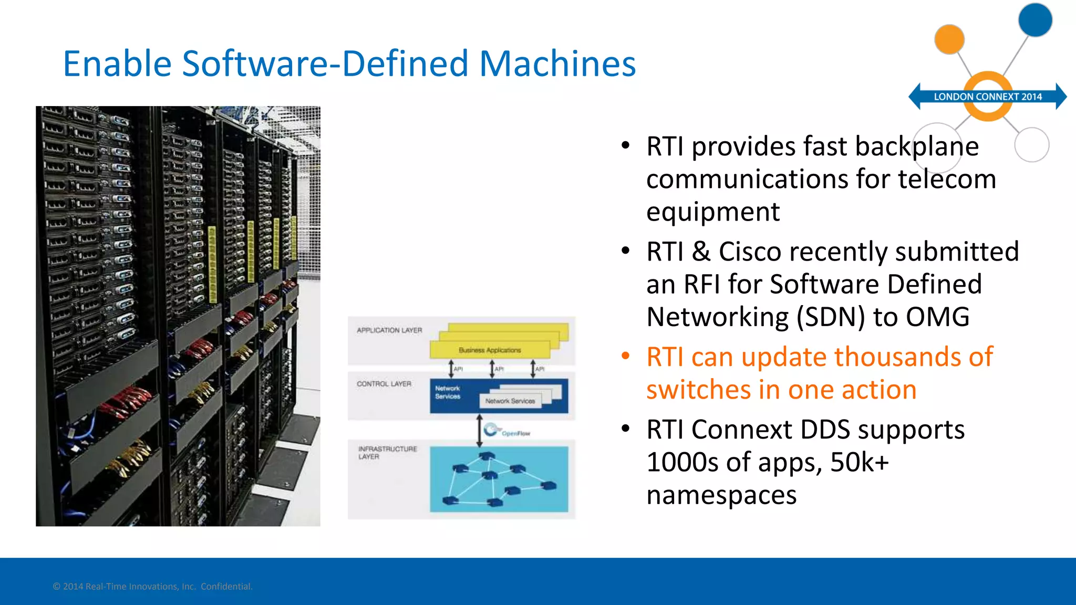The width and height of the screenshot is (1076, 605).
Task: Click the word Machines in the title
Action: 557,64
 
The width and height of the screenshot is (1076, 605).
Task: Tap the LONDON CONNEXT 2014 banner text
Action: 987,97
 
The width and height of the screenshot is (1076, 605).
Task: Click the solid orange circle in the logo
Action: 949,39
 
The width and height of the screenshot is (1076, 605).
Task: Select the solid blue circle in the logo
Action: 1035,20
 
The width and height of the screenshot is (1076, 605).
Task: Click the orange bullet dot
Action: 625,357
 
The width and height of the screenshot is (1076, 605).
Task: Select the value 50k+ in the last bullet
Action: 860,463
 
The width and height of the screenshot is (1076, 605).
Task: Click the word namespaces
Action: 721,495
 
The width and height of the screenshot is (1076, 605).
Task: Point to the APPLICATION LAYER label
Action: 389,330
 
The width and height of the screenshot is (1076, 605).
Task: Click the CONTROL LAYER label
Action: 384,384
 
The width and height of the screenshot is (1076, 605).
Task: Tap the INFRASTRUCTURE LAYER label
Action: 387,453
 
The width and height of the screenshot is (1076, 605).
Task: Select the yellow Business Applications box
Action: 490,350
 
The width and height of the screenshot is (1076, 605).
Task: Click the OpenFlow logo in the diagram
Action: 506,431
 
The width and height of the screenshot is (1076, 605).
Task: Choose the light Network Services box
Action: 510,401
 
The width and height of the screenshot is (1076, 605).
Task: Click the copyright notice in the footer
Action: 152,587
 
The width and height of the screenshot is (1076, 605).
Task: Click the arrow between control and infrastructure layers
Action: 479,431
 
